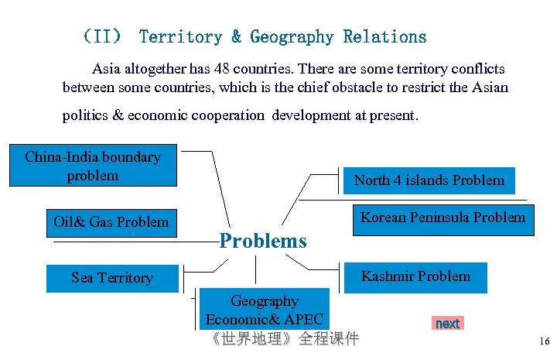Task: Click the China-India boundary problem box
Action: [92, 166]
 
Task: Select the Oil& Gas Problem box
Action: [111, 222]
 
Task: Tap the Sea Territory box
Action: [111, 278]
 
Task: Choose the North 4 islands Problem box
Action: [429, 180]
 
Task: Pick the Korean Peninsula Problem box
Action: [442, 218]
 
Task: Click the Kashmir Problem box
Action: [415, 276]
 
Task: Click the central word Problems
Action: [263, 241]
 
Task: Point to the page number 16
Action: [544, 341]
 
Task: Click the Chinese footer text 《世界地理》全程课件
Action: [285, 339]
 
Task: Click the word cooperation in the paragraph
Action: [216, 115]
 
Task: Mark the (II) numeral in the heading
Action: [102, 36]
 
